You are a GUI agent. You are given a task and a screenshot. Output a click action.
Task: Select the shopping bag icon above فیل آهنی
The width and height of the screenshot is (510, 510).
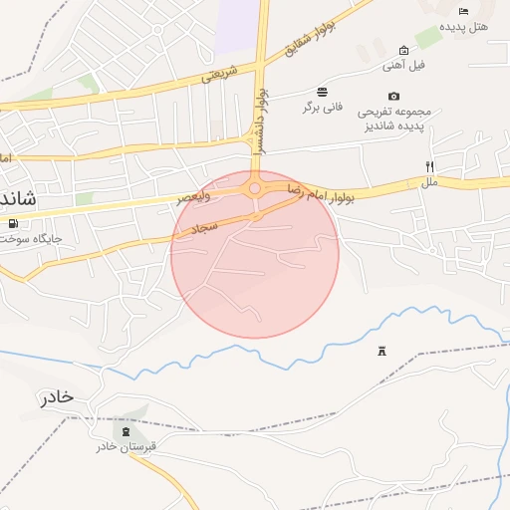403,50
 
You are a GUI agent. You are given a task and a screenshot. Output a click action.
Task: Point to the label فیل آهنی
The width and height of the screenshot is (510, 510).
404,66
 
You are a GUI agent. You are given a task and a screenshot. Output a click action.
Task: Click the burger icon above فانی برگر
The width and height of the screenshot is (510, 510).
322,91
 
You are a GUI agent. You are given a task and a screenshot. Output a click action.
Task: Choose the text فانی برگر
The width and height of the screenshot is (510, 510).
323,107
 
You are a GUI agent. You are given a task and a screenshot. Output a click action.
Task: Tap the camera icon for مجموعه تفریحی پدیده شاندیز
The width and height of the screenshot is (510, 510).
393,96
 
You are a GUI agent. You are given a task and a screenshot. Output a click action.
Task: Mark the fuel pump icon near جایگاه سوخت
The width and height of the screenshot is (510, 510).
12,222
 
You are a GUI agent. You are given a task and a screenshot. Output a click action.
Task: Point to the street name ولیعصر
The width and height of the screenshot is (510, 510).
194,198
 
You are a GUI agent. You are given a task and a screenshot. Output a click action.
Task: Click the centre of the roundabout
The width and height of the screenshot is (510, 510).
255,187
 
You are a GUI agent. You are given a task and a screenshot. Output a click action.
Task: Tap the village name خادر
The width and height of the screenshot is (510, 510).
57,396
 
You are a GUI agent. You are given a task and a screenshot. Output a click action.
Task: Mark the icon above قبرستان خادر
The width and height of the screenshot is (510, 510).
126,431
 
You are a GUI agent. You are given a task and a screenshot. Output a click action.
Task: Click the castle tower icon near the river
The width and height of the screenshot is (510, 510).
382,351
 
